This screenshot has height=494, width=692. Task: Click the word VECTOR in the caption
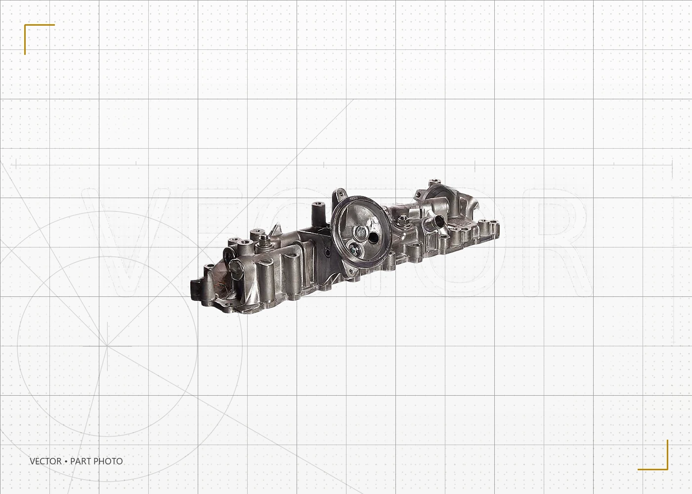pyautogui.click(x=45, y=461)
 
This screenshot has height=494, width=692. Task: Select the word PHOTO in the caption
pyautogui.click(x=108, y=461)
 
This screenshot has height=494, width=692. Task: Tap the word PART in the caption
pyautogui.click(x=81, y=461)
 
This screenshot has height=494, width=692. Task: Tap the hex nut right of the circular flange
pyautogui.click(x=402, y=220)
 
